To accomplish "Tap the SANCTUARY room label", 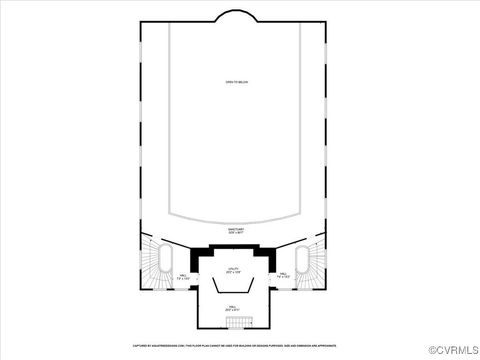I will coord(236,230).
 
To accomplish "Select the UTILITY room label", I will coord(232,270).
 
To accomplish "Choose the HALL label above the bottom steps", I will coord(232,308).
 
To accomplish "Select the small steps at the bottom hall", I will coord(232,323).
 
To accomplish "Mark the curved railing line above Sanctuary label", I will coord(236,217).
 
